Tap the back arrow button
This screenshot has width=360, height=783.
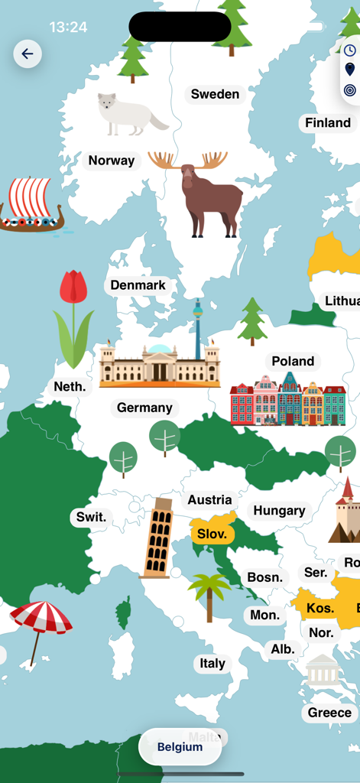(28, 54)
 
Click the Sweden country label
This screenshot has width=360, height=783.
(215, 94)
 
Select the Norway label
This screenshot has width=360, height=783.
(112, 161)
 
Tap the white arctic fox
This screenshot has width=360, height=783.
(128, 114)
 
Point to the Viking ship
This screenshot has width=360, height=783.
(31, 205)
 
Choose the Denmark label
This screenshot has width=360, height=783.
(138, 285)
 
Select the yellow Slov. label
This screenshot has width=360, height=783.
(212, 534)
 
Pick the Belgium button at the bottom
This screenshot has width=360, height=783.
(180, 747)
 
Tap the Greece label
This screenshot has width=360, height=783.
(329, 713)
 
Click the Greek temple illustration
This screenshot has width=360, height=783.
(322, 671)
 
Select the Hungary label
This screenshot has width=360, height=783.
(279, 511)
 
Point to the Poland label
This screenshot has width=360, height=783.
(293, 361)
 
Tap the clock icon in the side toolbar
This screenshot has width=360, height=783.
(349, 50)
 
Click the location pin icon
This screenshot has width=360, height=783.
(349, 70)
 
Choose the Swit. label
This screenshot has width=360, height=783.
(91, 517)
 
